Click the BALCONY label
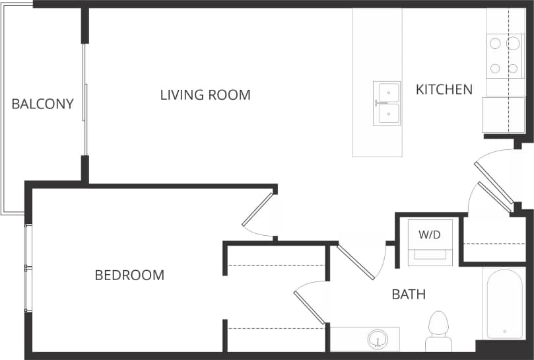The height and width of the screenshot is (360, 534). coord(42,104)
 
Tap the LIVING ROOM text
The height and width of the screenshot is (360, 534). coord(205,94)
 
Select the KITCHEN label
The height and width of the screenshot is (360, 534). coord(444,89)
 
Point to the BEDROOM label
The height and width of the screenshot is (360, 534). coord(129,275)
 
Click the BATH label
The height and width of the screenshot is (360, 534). coord(409,294)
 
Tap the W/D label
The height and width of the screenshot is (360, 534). coord(430,234)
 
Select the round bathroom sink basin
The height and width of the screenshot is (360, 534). coord(377,340)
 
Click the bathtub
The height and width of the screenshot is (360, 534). coord(504,303)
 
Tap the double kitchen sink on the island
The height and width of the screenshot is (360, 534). coord(387,104)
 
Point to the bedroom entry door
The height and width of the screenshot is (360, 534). coord(257,210)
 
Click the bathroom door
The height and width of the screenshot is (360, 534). coord(357,262)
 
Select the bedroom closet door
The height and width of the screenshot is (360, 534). coord(309,306)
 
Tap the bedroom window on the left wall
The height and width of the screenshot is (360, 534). coord(27,268)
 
